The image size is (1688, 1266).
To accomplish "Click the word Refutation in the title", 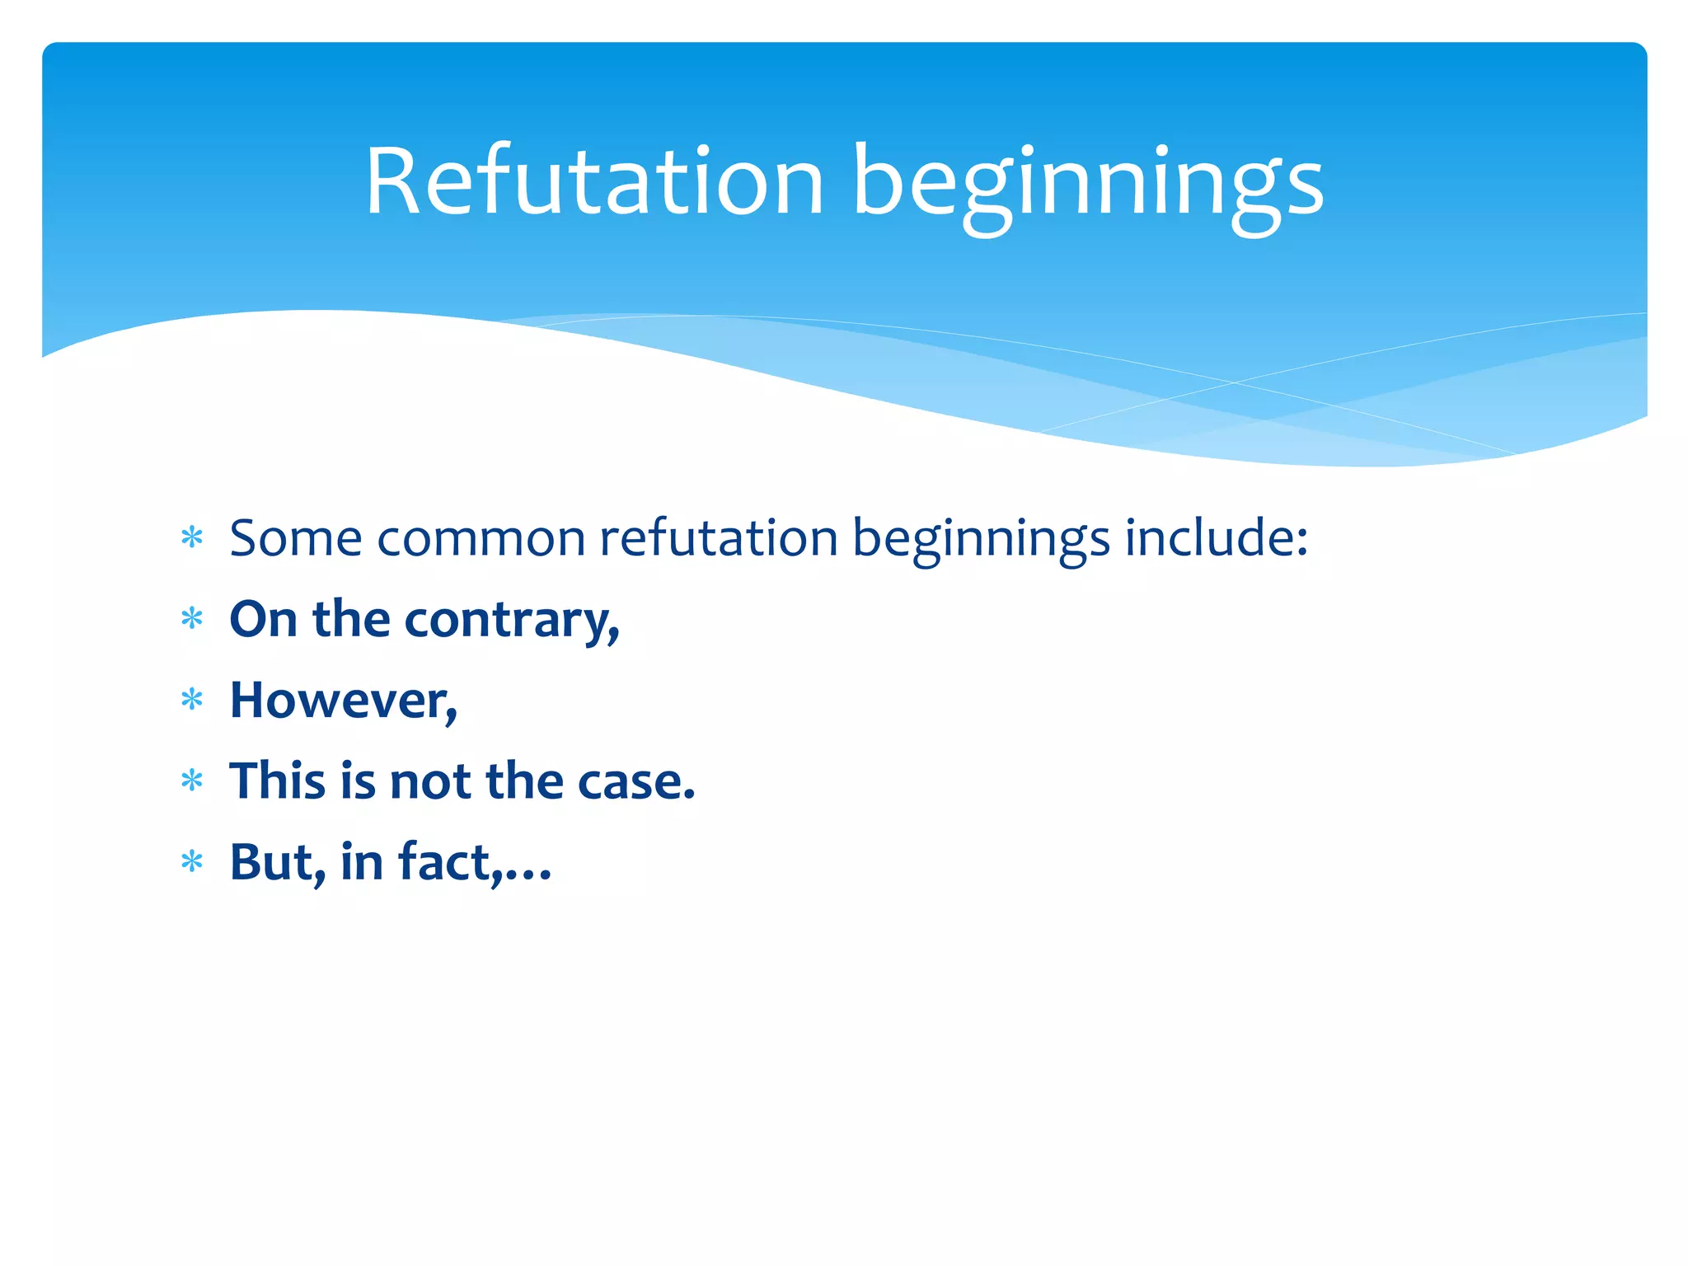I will pos(594,181).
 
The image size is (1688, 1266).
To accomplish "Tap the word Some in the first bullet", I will pos(295,538).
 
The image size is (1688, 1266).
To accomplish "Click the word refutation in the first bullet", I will pos(718,538).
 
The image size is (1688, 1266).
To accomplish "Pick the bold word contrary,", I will pos(511,620).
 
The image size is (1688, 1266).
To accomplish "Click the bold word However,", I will pos(343,701).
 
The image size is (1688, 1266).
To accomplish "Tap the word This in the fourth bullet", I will pos(277,781).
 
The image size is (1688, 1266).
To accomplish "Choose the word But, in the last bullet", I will pos(277,863).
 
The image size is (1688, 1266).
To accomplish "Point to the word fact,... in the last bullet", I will pos(474,862).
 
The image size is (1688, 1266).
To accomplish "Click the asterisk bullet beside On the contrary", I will pos(192,618).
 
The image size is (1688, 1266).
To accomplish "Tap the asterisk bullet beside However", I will pos(192,700).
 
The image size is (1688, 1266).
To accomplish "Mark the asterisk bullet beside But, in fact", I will pos(192,862).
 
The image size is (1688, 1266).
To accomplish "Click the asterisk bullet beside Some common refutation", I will pos(192,538).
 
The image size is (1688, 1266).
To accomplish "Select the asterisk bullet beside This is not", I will pos(192,781).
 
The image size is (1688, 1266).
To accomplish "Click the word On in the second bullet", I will pos(262,619).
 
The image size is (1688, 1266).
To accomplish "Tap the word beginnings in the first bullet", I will pos(980,540).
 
